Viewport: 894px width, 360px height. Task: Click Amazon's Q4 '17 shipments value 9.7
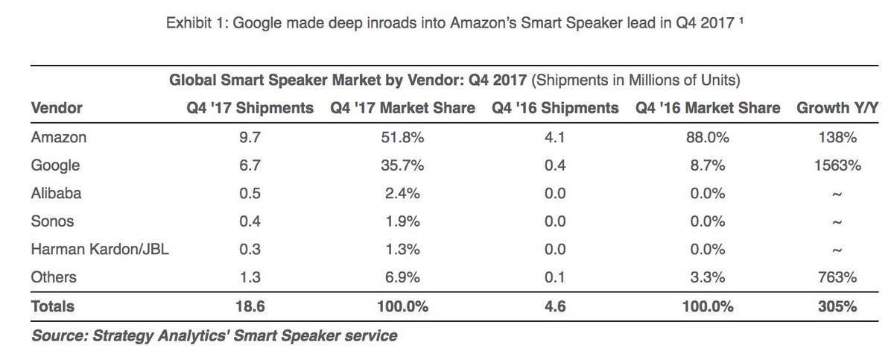(x=250, y=137)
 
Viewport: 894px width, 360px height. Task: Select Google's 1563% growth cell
(x=838, y=165)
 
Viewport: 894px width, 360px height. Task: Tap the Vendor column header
(x=57, y=108)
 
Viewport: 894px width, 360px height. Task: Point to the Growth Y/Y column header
(x=837, y=108)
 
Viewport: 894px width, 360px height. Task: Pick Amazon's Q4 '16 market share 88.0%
(x=708, y=137)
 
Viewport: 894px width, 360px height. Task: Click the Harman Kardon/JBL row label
(x=100, y=250)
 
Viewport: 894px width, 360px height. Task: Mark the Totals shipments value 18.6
(x=250, y=306)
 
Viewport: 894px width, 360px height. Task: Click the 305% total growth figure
(x=838, y=306)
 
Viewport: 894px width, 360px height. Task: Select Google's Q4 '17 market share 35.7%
(x=402, y=165)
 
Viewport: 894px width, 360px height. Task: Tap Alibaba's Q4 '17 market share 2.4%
(x=402, y=193)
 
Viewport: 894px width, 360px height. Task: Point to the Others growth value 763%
(x=838, y=278)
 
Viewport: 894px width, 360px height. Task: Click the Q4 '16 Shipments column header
(x=555, y=108)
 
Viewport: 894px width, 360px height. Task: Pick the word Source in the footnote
(x=58, y=335)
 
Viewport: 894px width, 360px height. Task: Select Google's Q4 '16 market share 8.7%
(x=708, y=165)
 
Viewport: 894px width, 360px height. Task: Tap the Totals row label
(x=53, y=306)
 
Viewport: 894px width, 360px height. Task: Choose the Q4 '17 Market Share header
(x=402, y=108)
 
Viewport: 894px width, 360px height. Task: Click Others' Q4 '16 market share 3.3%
(x=708, y=278)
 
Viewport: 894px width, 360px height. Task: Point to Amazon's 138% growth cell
(x=838, y=137)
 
